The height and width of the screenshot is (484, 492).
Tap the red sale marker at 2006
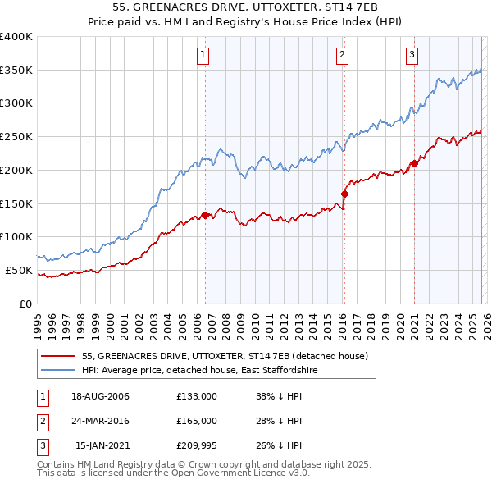(x=205, y=215)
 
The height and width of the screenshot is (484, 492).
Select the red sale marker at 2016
(x=344, y=194)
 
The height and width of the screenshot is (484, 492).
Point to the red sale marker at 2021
(x=414, y=163)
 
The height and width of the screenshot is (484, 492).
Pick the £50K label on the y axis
(x=18, y=270)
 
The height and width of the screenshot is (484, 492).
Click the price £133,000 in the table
(x=197, y=396)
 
